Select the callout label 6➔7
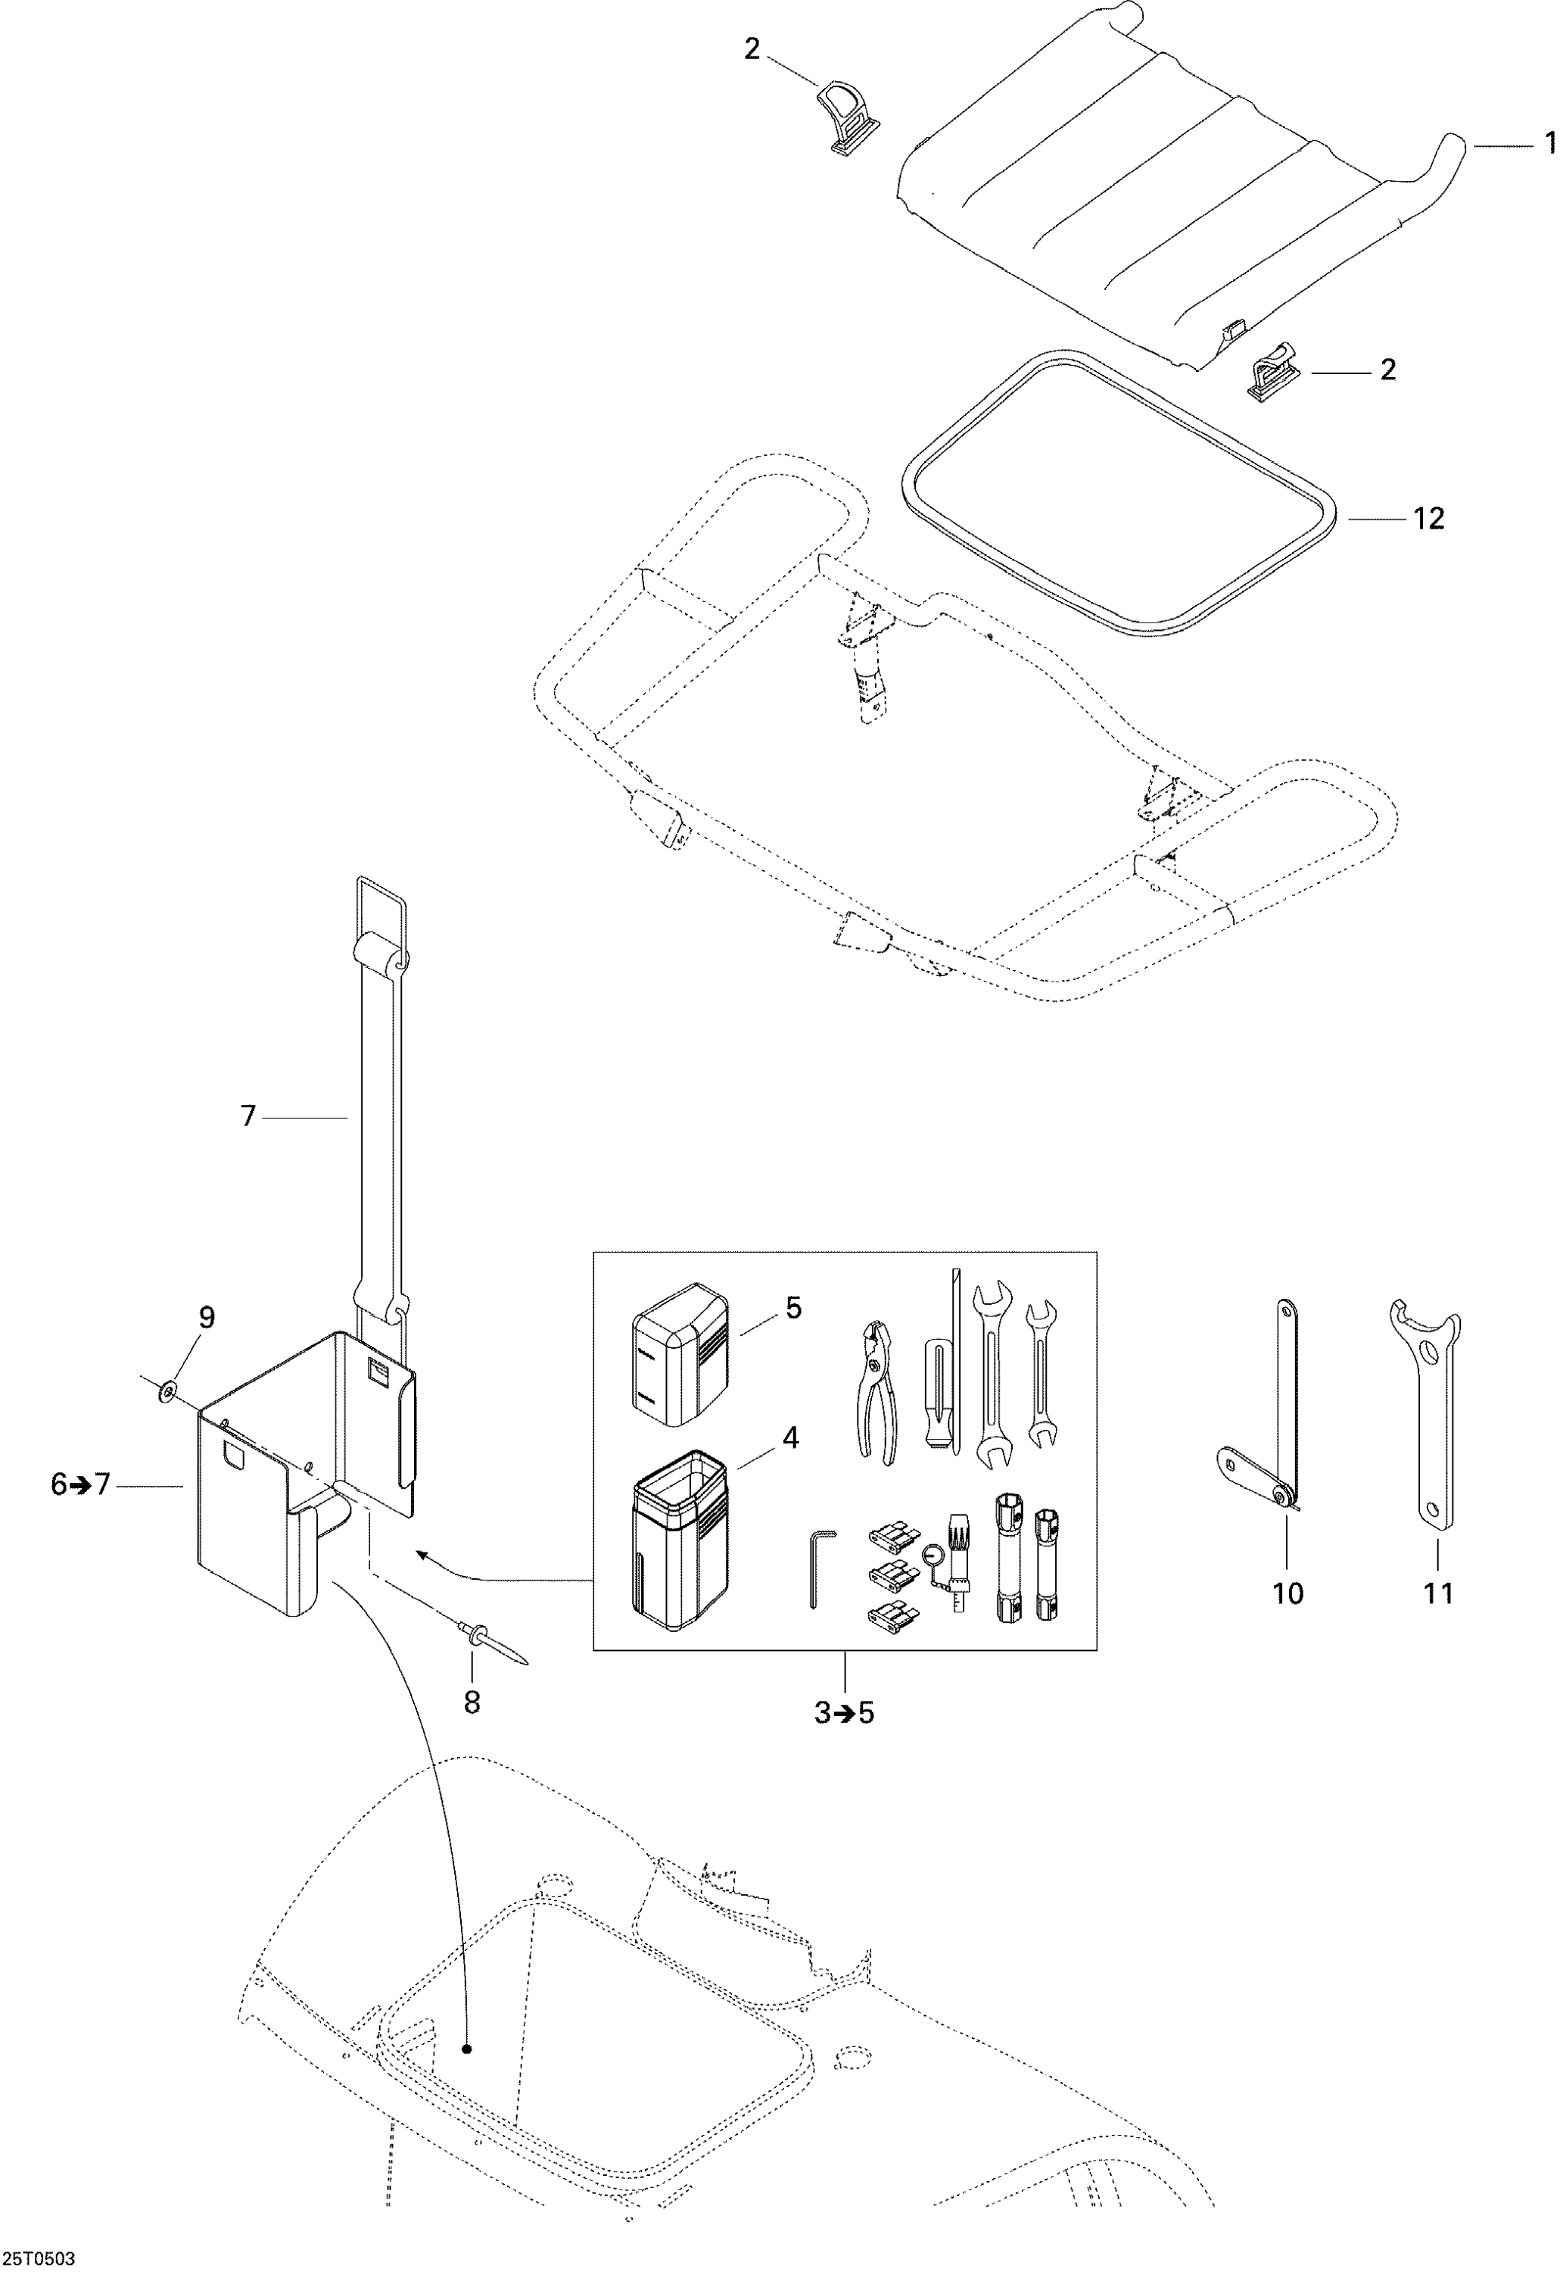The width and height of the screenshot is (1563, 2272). (80, 1485)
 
